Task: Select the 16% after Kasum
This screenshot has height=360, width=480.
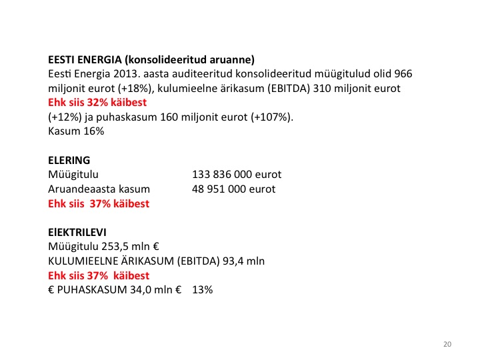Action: [93, 132]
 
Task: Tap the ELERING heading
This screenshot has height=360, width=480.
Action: [69, 161]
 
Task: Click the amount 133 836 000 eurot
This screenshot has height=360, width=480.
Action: [237, 175]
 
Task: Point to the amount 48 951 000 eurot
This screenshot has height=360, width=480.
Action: [233, 189]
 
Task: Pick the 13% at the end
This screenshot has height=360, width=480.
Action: [202, 291]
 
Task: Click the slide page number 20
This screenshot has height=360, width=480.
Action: [447, 344]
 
